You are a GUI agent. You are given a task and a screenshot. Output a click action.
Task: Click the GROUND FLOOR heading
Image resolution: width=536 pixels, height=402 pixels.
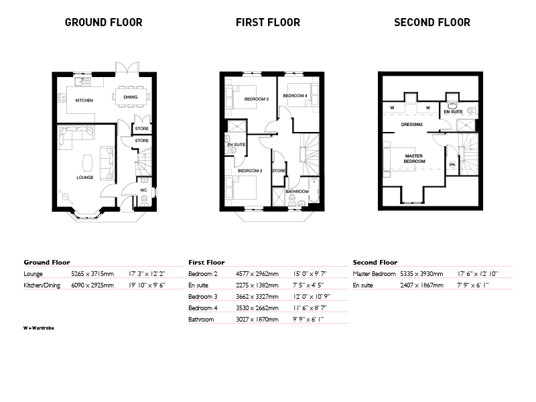pyautogui.click(x=104, y=23)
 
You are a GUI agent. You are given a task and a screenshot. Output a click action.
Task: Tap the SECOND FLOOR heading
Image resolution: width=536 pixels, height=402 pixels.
pyautogui.click(x=432, y=23)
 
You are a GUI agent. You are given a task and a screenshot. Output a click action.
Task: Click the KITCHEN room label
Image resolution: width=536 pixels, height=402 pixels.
pyautogui.click(x=84, y=100)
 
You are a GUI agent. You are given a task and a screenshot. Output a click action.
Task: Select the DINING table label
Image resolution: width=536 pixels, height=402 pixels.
pyautogui.click(x=131, y=97)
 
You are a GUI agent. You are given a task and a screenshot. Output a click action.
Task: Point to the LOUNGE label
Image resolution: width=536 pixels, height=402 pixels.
pyautogui.click(x=85, y=178)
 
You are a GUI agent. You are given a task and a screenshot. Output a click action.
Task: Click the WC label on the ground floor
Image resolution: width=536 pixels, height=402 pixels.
pyautogui.click(x=143, y=190)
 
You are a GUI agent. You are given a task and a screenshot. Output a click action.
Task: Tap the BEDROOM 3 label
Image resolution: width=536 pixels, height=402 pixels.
pyautogui.click(x=257, y=99)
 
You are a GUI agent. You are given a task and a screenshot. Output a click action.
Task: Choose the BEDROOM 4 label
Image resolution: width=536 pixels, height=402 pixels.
pyautogui.click(x=295, y=96)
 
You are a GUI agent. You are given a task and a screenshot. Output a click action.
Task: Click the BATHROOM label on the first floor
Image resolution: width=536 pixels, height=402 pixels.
pyautogui.click(x=297, y=192)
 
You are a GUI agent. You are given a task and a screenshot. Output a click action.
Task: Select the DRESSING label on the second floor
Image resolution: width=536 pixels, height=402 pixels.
pyautogui.click(x=412, y=125)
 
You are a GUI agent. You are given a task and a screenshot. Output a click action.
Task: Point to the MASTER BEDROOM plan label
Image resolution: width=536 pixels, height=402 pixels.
pyautogui.click(x=414, y=159)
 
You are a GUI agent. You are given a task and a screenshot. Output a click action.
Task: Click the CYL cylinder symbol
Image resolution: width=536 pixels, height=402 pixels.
pyautogui.click(x=453, y=164)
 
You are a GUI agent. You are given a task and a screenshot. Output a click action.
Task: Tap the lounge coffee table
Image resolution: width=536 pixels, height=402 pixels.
pyautogui.click(x=88, y=163)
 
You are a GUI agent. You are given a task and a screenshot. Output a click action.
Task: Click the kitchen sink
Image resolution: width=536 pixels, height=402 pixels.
pyautogui.click(x=82, y=81)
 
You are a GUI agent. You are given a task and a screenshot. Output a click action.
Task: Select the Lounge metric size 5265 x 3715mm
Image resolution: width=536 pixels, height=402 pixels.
pyautogui.click(x=92, y=274)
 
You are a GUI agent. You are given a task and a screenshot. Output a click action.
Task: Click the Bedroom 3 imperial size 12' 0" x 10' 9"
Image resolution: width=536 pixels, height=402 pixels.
pyautogui.click(x=312, y=297)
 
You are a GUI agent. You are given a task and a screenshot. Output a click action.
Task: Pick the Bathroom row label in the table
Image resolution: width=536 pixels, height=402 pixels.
pyautogui.click(x=201, y=320)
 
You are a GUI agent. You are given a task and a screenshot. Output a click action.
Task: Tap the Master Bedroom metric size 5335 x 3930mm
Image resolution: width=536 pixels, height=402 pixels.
pyautogui.click(x=421, y=274)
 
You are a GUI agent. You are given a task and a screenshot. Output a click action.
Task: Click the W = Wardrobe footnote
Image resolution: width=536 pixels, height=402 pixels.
pyautogui.click(x=39, y=328)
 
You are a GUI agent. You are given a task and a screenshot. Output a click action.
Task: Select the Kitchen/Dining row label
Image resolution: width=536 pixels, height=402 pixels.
pyautogui.click(x=42, y=285)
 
